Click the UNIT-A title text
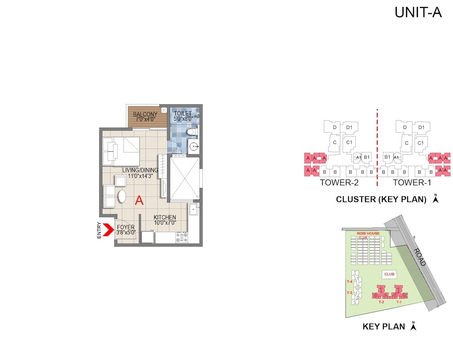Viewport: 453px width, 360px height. [418, 12]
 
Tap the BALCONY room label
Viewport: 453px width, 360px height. [145, 114]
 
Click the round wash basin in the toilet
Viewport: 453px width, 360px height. [194, 146]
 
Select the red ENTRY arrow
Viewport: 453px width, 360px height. [107, 230]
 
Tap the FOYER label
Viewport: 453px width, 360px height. [126, 227]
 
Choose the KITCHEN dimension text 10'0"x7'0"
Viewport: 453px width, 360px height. [165, 223]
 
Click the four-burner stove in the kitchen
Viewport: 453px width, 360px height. [182, 238]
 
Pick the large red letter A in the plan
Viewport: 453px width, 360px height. [139, 201]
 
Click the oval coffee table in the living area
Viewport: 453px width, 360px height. [122, 196]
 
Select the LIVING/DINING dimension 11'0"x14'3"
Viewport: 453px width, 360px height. [140, 176]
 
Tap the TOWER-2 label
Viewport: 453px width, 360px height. [339, 183]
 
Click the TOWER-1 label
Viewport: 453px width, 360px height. [412, 183]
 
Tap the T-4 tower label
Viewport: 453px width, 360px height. [349, 282]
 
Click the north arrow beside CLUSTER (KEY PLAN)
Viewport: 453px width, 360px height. [435, 199]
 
